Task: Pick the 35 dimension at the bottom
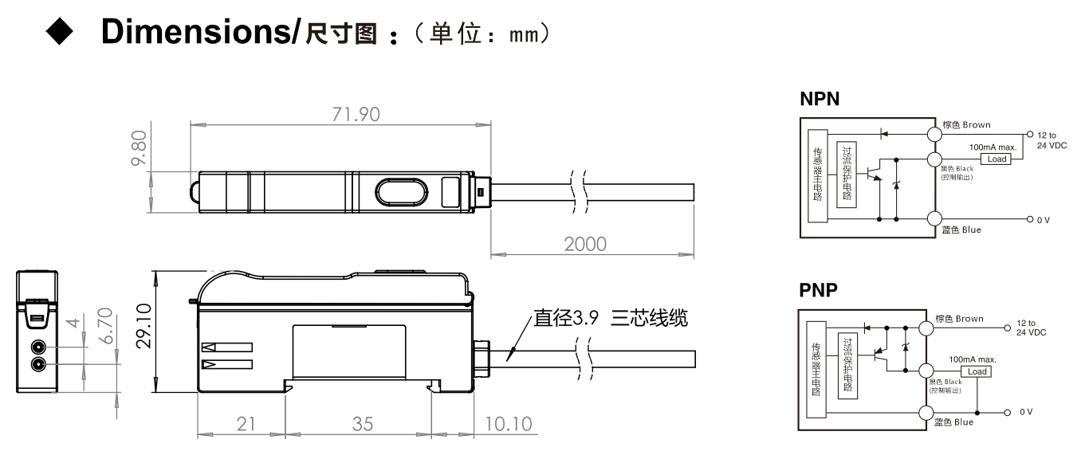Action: (x=362, y=423)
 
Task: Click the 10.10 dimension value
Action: (x=508, y=423)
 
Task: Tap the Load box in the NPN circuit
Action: (x=997, y=159)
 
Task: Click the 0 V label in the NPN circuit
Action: (x=1044, y=218)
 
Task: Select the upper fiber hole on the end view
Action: (x=37, y=347)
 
